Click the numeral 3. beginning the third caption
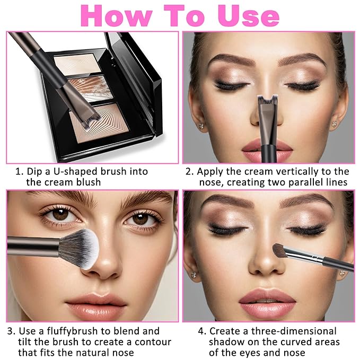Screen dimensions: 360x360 coord(11,331)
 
